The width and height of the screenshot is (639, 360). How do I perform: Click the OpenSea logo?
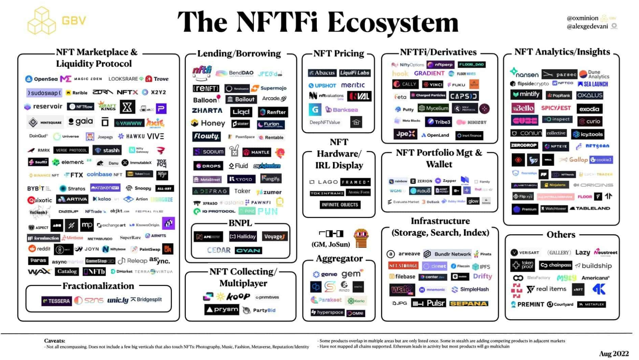click(42, 79)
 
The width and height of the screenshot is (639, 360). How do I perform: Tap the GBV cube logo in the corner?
click(41, 21)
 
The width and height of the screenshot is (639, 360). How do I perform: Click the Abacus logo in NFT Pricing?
click(322, 73)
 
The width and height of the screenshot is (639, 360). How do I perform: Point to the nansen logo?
click(524, 73)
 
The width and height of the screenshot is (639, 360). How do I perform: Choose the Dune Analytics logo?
click(594, 74)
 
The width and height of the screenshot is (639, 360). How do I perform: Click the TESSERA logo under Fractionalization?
click(57, 301)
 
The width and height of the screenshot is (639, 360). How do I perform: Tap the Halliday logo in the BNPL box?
click(243, 237)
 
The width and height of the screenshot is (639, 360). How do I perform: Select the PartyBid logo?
click(260, 310)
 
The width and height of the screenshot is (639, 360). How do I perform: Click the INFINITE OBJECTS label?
click(340, 205)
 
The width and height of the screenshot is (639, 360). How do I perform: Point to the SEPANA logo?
click(469, 303)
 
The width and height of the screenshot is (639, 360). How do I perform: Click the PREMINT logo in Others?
click(527, 304)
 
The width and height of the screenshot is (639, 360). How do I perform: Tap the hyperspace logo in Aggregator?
click(327, 312)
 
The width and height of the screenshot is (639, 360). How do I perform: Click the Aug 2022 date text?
click(614, 353)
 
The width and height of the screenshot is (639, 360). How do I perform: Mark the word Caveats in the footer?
click(54, 341)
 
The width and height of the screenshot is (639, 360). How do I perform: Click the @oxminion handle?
click(582, 18)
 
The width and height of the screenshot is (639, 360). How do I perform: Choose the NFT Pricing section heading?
click(339, 53)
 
